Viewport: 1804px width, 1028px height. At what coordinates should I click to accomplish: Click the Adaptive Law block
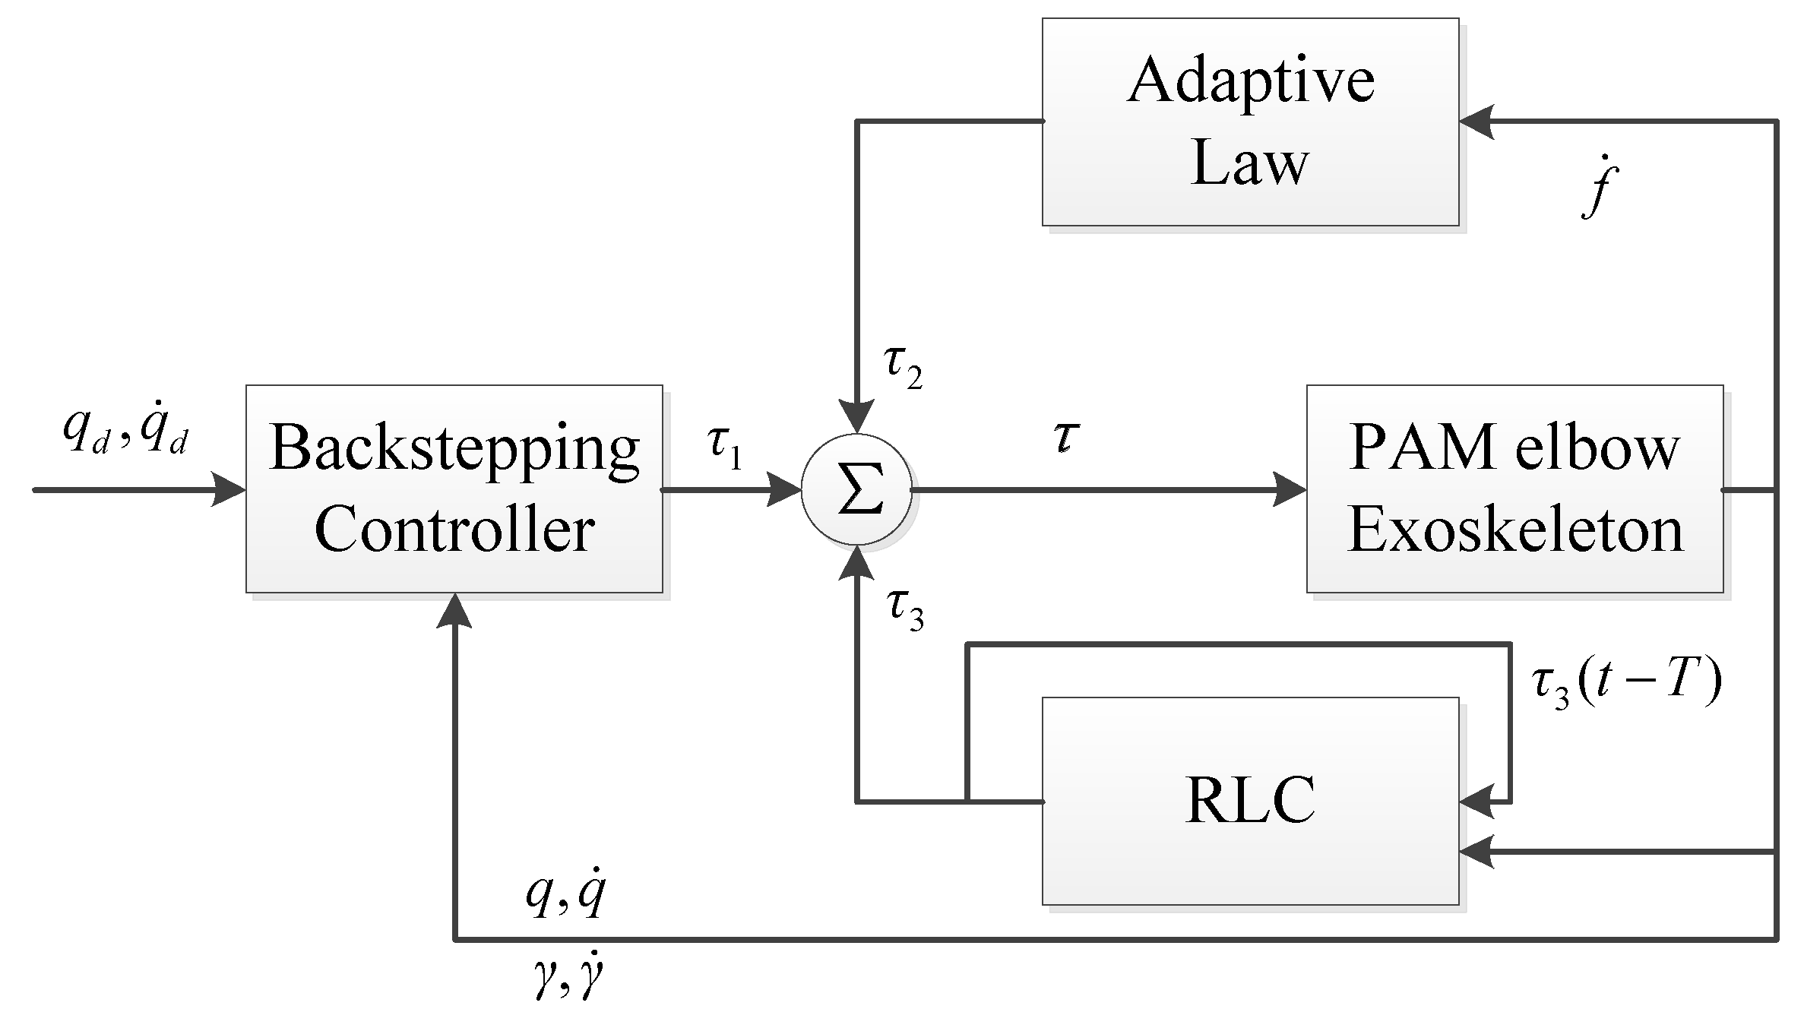[x=1250, y=122]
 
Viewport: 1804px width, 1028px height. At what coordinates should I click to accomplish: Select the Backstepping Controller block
[x=454, y=489]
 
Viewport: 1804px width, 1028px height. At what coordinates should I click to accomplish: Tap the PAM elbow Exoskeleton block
[x=1514, y=489]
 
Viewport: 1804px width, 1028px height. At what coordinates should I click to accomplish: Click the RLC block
[x=1250, y=801]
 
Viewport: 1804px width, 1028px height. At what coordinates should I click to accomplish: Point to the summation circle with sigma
[x=856, y=490]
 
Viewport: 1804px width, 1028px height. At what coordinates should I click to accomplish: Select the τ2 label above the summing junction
[x=903, y=368]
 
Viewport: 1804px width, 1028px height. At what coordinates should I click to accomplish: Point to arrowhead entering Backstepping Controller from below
[x=454, y=612]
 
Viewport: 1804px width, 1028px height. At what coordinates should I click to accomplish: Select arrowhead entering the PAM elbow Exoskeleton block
[x=1290, y=490]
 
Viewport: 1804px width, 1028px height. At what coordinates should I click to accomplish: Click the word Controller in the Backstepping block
[x=454, y=530]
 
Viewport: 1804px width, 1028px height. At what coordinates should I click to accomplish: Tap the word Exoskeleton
[x=1514, y=530]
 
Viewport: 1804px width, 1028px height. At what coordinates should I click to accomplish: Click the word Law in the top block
[x=1250, y=163]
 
